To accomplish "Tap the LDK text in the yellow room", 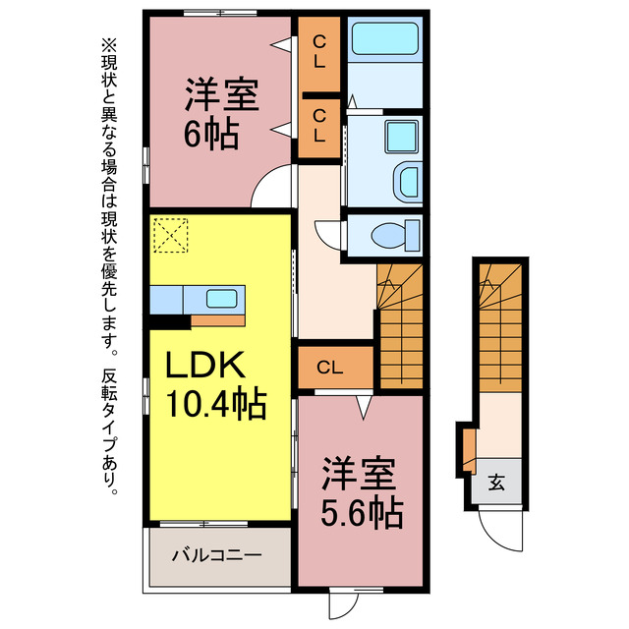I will (202, 367).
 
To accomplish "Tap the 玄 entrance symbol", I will (497, 484).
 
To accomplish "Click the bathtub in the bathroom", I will (385, 41).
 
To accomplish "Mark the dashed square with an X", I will (170, 234).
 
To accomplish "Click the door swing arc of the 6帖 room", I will (274, 189).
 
